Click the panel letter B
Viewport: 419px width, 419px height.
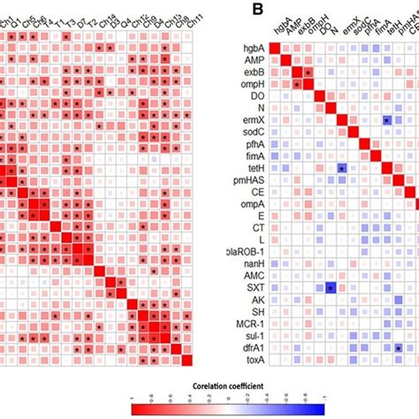coord(232,9)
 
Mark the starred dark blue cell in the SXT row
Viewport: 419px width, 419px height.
coord(330,288)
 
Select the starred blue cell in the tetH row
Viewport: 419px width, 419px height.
coord(341,168)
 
